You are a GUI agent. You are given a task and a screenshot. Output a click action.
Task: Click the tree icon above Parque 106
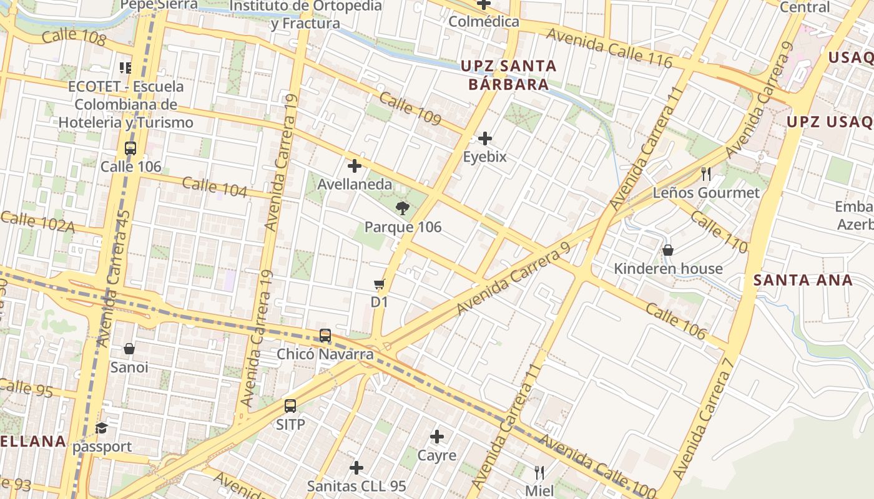pyautogui.click(x=403, y=208)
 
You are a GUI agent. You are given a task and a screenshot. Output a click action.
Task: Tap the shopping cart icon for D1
pyautogui.click(x=379, y=284)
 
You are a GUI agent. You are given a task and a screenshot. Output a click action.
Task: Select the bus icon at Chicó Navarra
pyautogui.click(x=325, y=336)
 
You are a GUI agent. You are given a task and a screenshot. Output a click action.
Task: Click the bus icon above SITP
pyautogui.click(x=290, y=406)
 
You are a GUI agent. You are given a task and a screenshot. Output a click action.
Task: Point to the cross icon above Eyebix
pyautogui.click(x=485, y=138)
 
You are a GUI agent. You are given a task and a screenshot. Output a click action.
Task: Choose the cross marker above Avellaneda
pyautogui.click(x=355, y=166)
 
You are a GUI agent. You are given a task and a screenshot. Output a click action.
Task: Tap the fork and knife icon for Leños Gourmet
pyautogui.click(x=706, y=173)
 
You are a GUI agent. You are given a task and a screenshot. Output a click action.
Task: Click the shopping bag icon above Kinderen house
pyautogui.click(x=668, y=250)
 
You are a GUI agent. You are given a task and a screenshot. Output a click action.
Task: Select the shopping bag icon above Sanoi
pyautogui.click(x=129, y=349)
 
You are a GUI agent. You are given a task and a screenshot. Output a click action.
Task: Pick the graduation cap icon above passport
pyautogui.click(x=101, y=428)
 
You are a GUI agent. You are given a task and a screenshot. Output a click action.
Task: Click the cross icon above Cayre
pyautogui.click(x=437, y=437)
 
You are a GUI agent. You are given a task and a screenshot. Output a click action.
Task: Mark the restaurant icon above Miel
pyautogui.click(x=539, y=472)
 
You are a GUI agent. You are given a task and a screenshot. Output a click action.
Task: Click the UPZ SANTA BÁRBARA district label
pyautogui.click(x=508, y=75)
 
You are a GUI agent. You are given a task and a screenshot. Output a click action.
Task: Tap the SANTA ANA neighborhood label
pyautogui.click(x=803, y=280)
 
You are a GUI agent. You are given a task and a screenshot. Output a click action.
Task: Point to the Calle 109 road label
pyautogui.click(x=410, y=109)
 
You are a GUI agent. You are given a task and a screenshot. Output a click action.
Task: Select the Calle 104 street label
pyautogui.click(x=215, y=187)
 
